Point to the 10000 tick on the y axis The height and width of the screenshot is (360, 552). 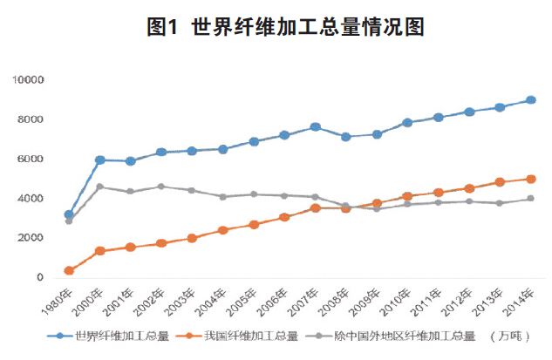point(28,80)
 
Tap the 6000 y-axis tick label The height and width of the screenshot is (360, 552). point(31,160)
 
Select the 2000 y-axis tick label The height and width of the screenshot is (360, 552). point(31,238)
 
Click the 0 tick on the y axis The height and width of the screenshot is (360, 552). point(39,278)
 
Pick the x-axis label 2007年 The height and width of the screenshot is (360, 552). point(309,302)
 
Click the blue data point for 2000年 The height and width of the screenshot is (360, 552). point(99,160)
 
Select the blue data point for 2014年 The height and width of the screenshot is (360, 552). point(530,100)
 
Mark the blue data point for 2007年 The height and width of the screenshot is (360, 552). point(316,127)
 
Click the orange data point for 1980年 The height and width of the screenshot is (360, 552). point(69,271)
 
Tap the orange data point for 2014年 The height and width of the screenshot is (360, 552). point(530,179)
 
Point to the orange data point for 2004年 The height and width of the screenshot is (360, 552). point(223,230)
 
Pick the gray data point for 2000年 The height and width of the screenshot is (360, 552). point(99,187)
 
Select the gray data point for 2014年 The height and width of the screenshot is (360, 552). point(530,199)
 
